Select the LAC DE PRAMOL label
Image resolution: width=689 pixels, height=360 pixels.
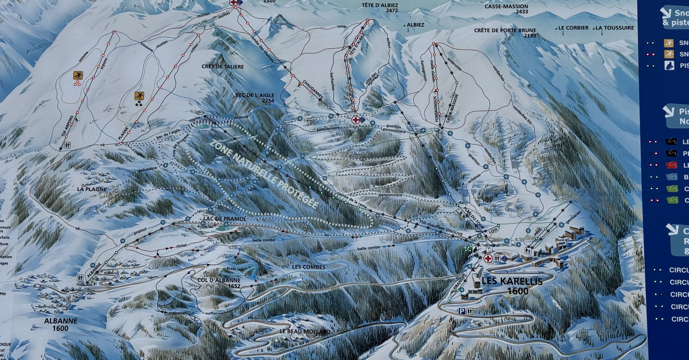click(x=225, y=219)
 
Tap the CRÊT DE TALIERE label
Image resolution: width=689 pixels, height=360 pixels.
click(x=223, y=67)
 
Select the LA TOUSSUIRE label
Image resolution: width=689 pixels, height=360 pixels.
click(x=614, y=28)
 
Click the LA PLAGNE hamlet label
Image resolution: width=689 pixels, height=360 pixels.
click(x=92, y=188)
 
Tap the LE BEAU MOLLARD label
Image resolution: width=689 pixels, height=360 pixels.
click(x=305, y=332)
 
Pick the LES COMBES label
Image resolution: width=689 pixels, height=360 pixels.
click(x=309, y=267)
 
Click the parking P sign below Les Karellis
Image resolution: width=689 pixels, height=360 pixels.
click(x=462, y=311)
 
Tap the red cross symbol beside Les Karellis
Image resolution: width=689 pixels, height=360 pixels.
click(x=488, y=258)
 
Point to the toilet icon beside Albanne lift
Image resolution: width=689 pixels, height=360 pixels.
click(x=80, y=278)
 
